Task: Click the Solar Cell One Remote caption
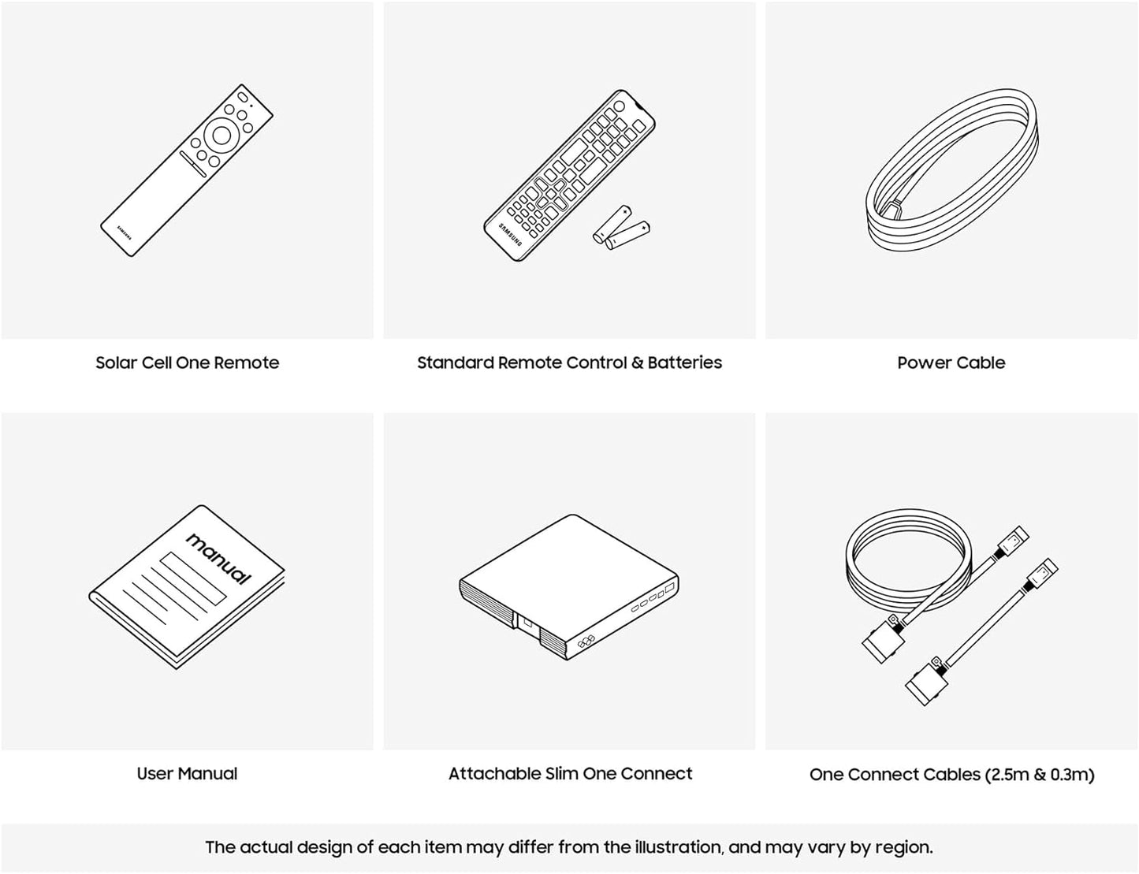[187, 363]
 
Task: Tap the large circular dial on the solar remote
[221, 136]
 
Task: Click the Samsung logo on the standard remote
[510, 234]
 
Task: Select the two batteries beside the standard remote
[622, 228]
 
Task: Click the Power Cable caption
[951, 363]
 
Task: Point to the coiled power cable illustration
[952, 170]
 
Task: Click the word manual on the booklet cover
[218, 559]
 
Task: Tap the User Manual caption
[187, 773]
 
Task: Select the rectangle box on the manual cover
[193, 578]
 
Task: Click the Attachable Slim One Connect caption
[570, 773]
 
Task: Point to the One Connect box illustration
[569, 586]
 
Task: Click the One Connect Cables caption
[952, 775]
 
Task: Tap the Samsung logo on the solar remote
[125, 233]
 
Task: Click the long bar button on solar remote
[193, 164]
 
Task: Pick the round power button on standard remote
[619, 106]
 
